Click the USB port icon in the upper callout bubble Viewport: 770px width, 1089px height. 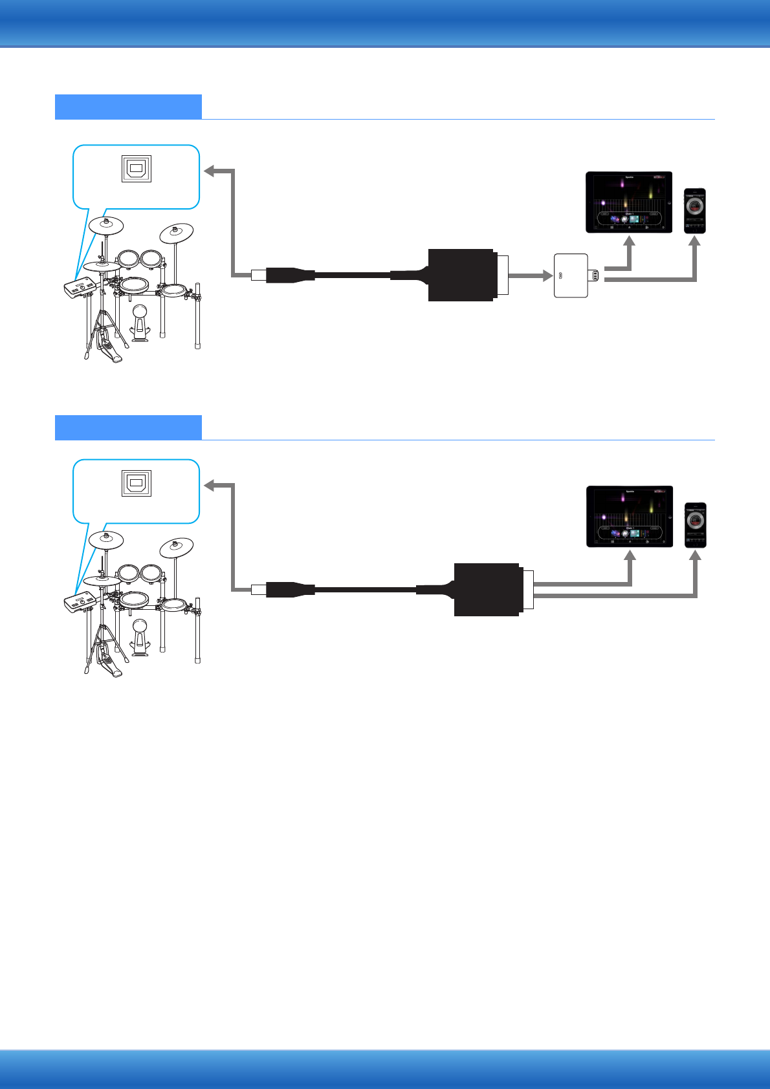137,169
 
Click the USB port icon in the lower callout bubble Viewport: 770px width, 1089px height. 137,483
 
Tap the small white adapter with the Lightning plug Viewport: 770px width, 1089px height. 571,275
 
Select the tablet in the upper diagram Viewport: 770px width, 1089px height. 629,202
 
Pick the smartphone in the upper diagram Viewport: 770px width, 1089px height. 695,211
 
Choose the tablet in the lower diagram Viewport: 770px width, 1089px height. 630,516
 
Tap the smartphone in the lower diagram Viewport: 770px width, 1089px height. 696,525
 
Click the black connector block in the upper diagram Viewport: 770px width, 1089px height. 461,275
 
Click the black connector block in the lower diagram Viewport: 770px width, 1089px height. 487,589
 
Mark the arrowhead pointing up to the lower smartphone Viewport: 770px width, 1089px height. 695,555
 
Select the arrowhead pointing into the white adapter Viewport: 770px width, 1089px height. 547,275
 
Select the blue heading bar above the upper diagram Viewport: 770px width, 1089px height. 128,107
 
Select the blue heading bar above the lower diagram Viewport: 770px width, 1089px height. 128,427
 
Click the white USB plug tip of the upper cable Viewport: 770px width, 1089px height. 258,275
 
